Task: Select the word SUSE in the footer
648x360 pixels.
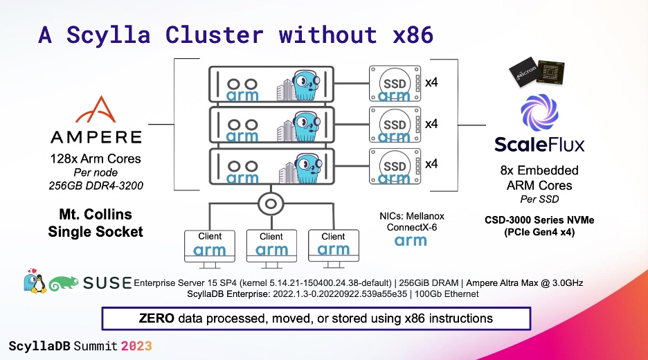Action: (107, 282)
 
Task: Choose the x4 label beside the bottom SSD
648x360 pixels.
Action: (431, 164)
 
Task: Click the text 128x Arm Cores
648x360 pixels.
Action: (96, 159)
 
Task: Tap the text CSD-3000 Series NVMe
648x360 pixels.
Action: (539, 220)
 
